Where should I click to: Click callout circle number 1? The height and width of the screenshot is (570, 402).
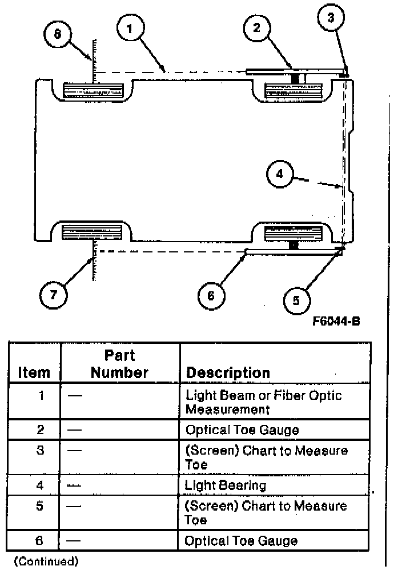click(131, 29)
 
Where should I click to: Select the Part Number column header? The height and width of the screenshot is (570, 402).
click(120, 364)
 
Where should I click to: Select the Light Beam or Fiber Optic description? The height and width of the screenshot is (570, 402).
click(263, 402)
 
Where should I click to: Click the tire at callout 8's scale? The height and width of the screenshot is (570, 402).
click(94, 90)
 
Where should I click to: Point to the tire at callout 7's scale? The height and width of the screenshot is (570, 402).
click(93, 233)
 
